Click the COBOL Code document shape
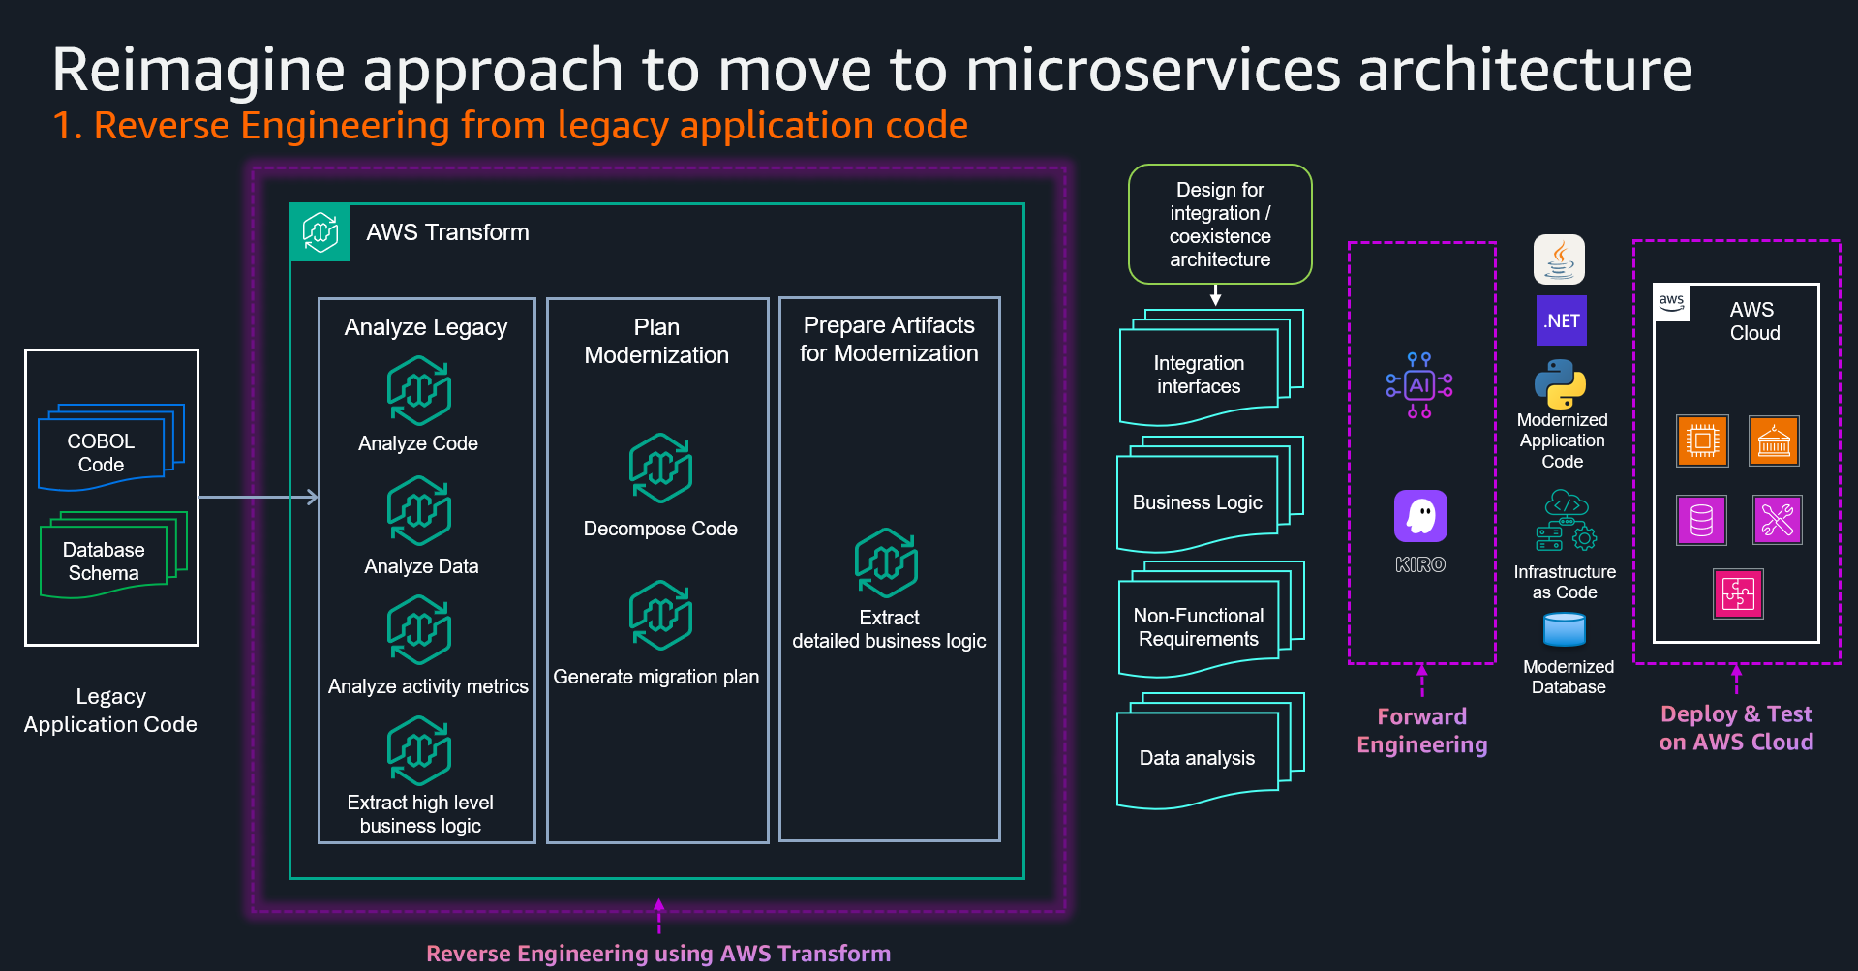click(x=103, y=452)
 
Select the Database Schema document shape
click(x=105, y=561)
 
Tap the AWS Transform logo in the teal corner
click(x=320, y=232)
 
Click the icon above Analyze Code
click(x=419, y=391)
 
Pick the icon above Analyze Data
click(x=419, y=511)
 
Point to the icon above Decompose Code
click(x=660, y=469)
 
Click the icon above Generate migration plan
click(x=660, y=616)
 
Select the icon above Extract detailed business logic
click(x=886, y=563)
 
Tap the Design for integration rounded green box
click(x=1220, y=225)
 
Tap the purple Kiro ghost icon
click(x=1420, y=516)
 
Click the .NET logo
click(x=1562, y=320)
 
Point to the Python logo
click(x=1561, y=384)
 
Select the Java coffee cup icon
click(x=1560, y=259)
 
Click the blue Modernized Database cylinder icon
click(x=1565, y=630)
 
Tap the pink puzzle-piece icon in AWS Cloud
click(x=1738, y=593)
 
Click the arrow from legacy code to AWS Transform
click(x=258, y=497)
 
